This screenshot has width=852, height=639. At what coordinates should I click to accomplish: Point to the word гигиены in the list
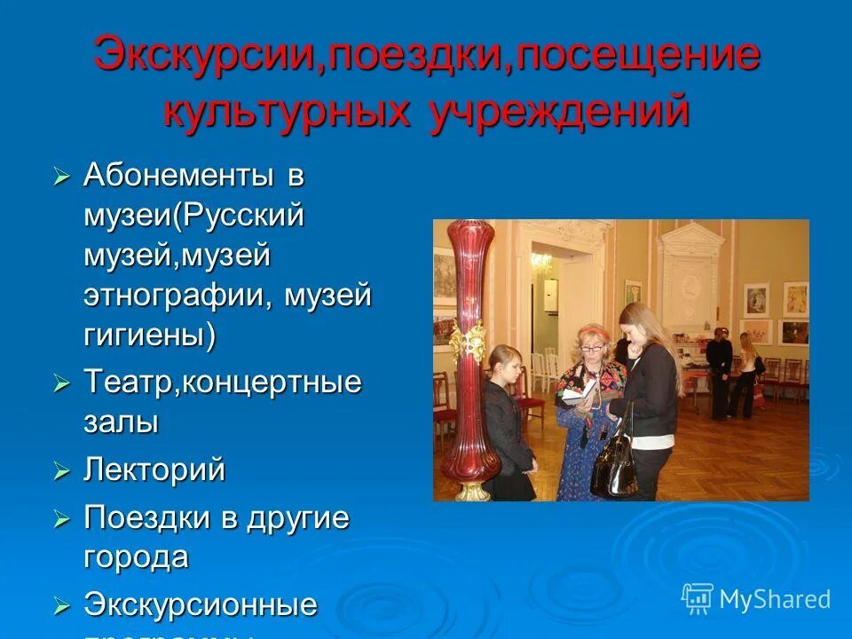click(x=147, y=335)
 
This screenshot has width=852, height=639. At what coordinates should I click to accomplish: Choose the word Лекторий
click(x=154, y=469)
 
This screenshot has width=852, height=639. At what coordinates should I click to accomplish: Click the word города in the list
click(x=136, y=557)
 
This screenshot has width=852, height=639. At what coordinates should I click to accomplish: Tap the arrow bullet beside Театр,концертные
click(x=61, y=384)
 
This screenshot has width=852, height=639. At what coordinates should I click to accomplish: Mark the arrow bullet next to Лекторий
click(x=61, y=471)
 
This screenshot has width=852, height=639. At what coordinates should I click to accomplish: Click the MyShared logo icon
click(x=697, y=599)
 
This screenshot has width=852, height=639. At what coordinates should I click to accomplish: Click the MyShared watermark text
click(x=775, y=600)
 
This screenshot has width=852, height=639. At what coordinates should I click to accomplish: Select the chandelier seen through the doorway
click(x=540, y=262)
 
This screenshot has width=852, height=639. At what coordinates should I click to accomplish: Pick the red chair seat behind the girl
click(x=531, y=405)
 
